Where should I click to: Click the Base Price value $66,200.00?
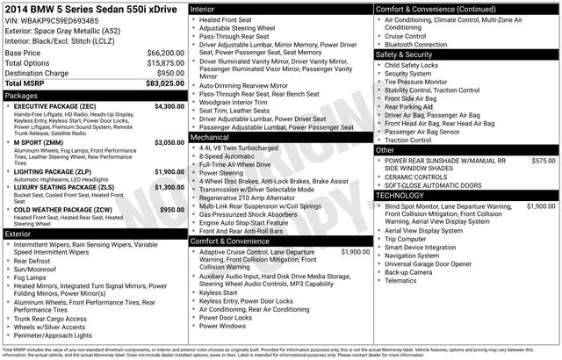pyautogui.click(x=163, y=54)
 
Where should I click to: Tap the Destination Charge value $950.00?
pyautogui.click(x=168, y=73)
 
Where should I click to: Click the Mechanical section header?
pyautogui.click(x=210, y=138)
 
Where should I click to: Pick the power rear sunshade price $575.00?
pyautogui.click(x=544, y=161)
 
